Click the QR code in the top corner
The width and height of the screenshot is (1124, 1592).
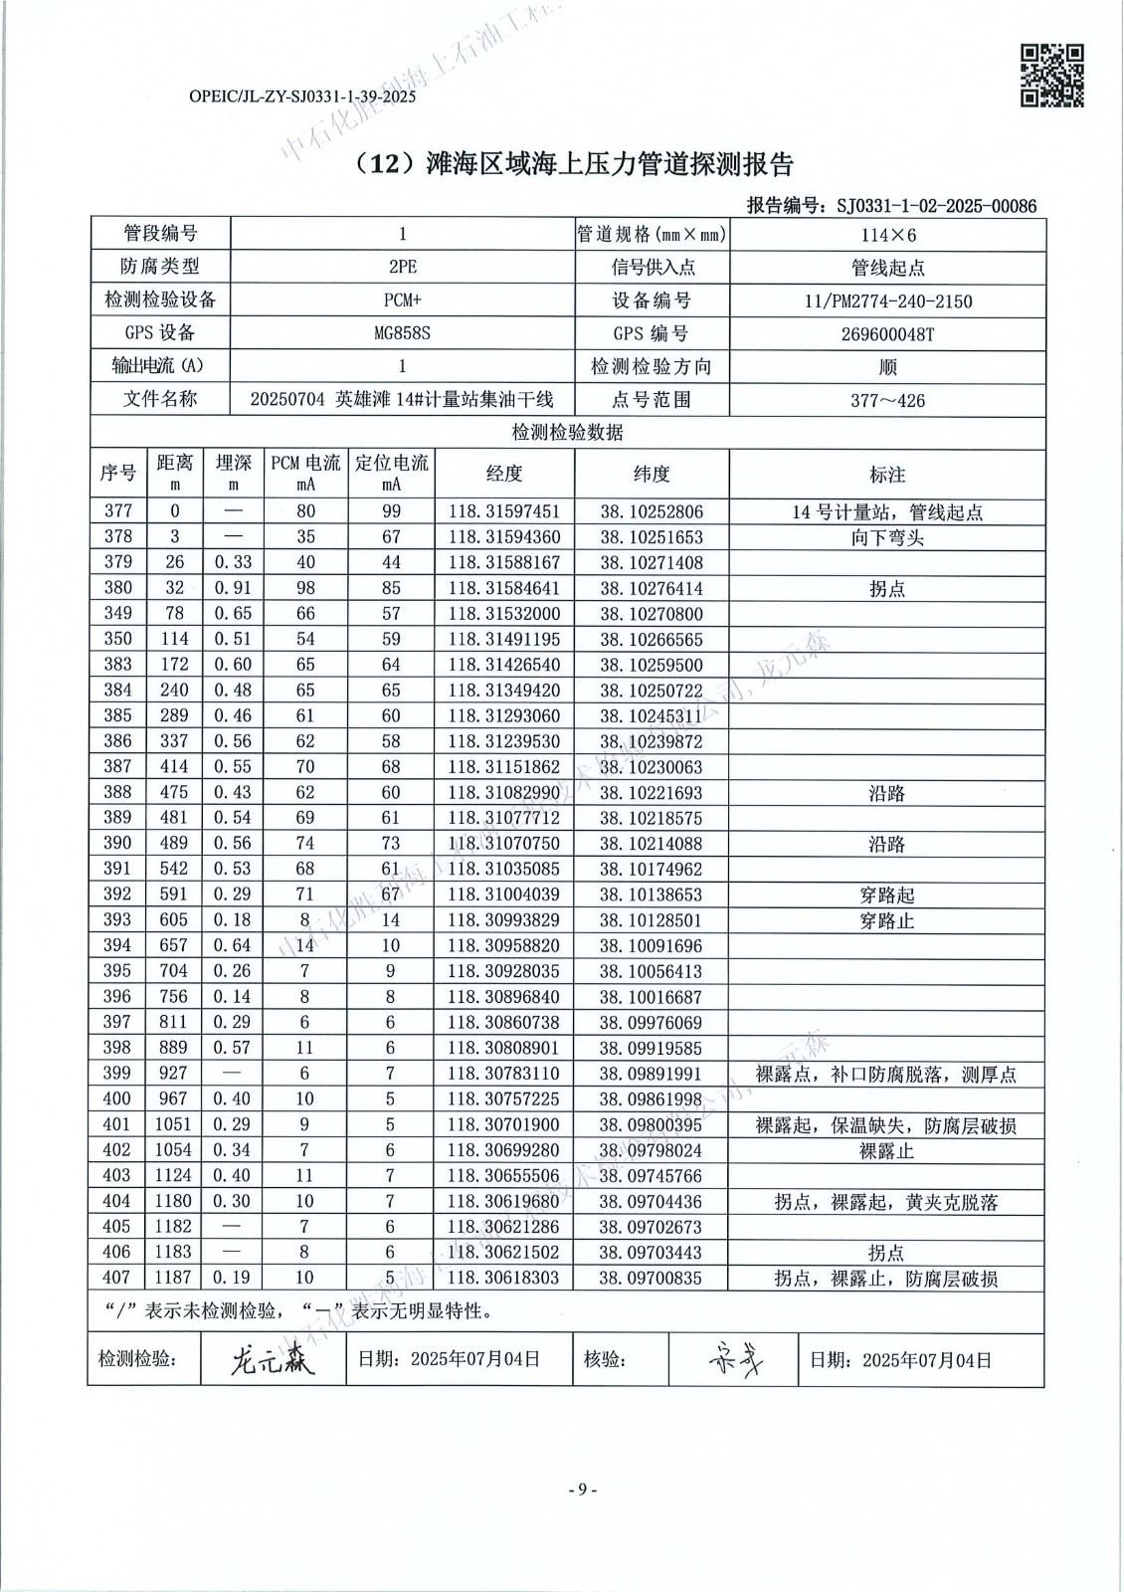[x=1052, y=75]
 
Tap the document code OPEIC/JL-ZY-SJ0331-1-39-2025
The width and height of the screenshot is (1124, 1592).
[x=301, y=98]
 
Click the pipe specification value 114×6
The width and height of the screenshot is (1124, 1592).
[x=888, y=235]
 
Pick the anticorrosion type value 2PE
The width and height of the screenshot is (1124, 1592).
[x=402, y=268]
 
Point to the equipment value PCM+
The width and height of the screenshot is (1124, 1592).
[x=402, y=300]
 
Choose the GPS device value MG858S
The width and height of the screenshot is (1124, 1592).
[x=402, y=333]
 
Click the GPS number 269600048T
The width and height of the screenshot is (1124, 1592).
[x=888, y=334]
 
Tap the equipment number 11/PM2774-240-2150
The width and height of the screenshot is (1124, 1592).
[x=888, y=301]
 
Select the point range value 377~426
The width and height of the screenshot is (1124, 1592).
[x=888, y=401]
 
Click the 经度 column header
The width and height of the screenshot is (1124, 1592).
[x=504, y=474]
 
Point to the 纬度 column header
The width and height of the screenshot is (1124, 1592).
[x=652, y=474]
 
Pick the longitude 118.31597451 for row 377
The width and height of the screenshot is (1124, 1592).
[x=504, y=511]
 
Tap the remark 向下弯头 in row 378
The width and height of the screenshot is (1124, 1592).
[x=887, y=537]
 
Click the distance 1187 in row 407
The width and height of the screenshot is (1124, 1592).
[x=174, y=1278]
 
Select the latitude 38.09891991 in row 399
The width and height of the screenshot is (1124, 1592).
[x=652, y=1074]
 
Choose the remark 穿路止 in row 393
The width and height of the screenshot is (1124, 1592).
[x=887, y=920]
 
